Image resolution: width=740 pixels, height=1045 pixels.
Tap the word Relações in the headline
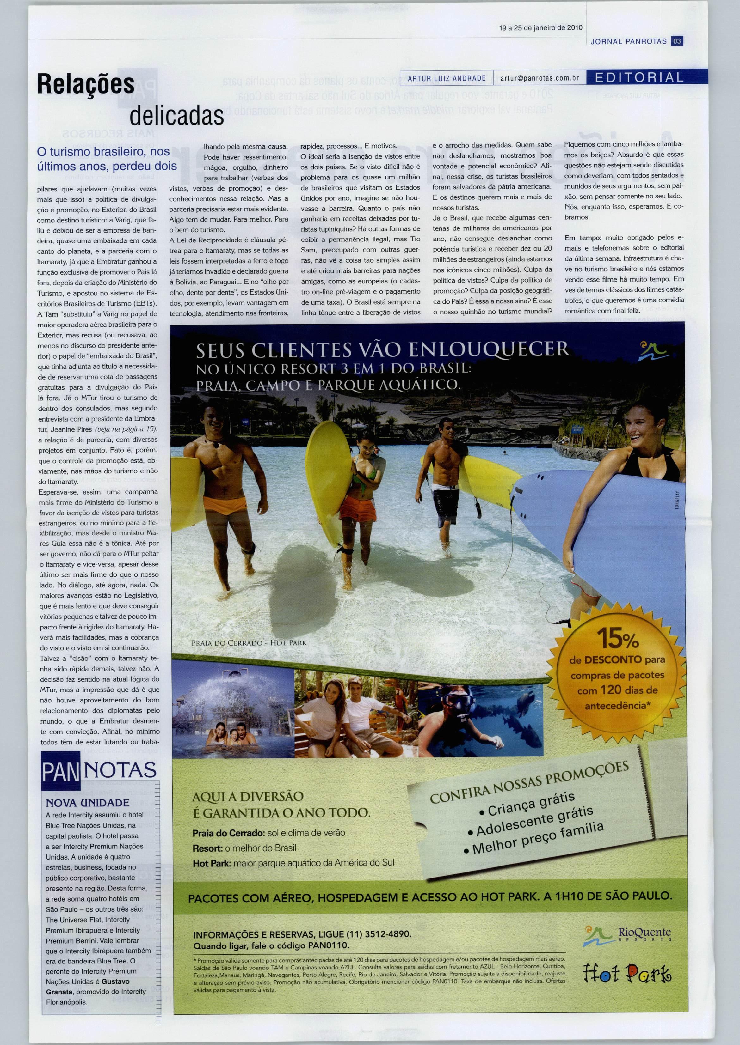tap(86, 84)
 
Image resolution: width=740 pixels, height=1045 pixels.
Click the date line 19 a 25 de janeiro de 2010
tap(540, 28)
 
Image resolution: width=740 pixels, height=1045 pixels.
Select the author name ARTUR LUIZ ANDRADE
tap(447, 78)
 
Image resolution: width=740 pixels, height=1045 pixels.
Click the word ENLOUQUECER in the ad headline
tap(489, 350)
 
